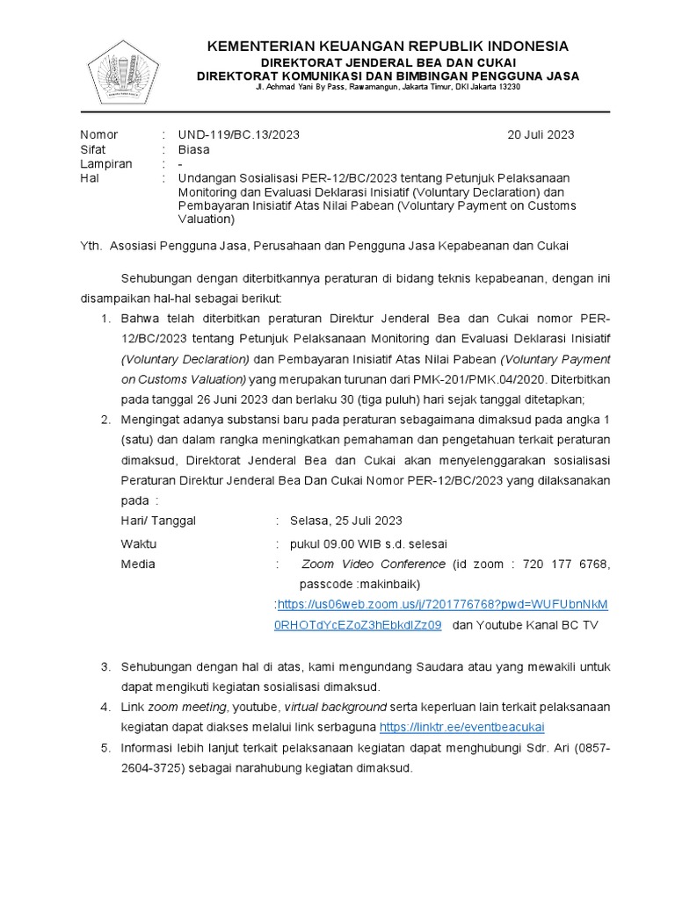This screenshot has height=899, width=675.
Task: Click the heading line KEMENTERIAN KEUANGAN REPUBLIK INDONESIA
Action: pyautogui.click(x=387, y=47)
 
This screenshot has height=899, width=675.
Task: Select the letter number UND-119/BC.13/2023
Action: pyautogui.click(x=238, y=134)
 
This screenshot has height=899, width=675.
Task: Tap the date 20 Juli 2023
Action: pyautogui.click(x=541, y=134)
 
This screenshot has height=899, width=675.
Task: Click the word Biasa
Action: pyautogui.click(x=194, y=149)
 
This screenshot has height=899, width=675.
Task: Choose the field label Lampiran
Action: pyautogui.click(x=105, y=163)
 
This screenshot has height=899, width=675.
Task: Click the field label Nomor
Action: pyautogui.click(x=98, y=134)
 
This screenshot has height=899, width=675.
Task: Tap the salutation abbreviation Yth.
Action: pyautogui.click(x=91, y=246)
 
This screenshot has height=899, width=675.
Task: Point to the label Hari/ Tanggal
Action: pyautogui.click(x=158, y=521)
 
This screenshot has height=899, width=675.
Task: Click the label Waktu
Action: pyautogui.click(x=138, y=543)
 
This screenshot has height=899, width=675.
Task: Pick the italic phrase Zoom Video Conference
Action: pyautogui.click(x=374, y=564)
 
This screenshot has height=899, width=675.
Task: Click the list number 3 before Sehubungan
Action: pyautogui.click(x=105, y=667)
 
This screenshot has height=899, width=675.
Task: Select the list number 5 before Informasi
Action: pyautogui.click(x=105, y=747)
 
